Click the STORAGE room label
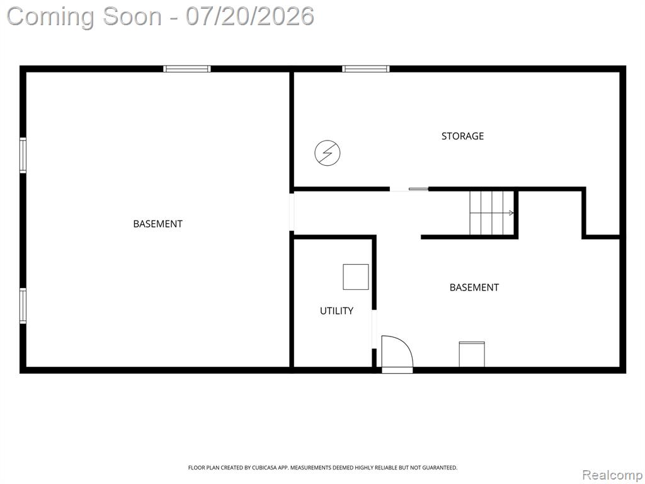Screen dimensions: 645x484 (x=462, y=136)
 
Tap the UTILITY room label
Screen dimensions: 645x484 (x=336, y=311)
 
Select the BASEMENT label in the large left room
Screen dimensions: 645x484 (x=157, y=224)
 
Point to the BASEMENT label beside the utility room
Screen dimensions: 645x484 (x=474, y=287)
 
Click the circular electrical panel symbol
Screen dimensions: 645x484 (x=328, y=153)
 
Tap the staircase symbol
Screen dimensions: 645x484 (x=492, y=212)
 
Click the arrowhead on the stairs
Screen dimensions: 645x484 (x=511, y=213)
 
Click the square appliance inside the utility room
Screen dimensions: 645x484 (x=356, y=277)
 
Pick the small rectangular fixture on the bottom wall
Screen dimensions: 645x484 (x=472, y=354)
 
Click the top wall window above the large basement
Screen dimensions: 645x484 (x=186, y=69)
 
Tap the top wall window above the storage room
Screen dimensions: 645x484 (x=366, y=69)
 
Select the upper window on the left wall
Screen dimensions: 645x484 (x=23, y=155)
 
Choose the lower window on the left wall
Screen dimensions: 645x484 (x=23, y=306)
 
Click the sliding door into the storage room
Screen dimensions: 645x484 (x=409, y=189)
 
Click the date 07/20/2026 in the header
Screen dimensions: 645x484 (x=249, y=16)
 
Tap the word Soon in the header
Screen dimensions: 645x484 (x=132, y=16)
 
